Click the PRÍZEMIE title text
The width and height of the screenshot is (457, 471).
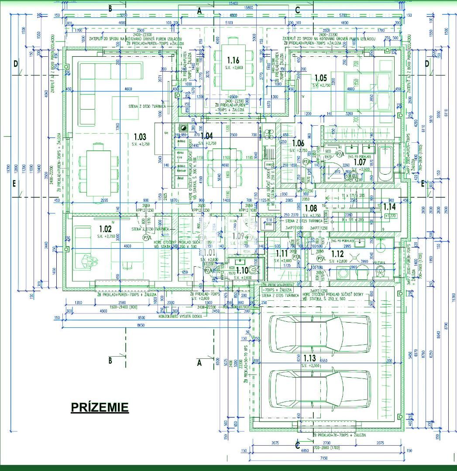click(100, 408)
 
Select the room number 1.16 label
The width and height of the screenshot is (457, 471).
click(234, 60)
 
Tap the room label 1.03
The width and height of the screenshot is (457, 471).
click(140, 137)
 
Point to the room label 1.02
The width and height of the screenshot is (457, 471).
click(106, 229)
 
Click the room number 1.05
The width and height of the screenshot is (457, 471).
click(320, 78)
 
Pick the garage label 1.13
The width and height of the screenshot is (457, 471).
click(309, 358)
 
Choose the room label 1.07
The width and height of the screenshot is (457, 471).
click(359, 162)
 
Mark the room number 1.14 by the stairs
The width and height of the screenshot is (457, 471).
click(389, 206)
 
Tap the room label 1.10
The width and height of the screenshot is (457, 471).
click(242, 271)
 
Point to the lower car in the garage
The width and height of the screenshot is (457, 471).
click(320, 388)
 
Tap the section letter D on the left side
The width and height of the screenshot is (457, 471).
click(16, 64)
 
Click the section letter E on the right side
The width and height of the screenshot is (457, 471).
click(423, 184)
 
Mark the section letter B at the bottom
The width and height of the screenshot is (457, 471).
click(110, 360)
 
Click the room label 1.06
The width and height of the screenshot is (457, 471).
click(298, 143)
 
